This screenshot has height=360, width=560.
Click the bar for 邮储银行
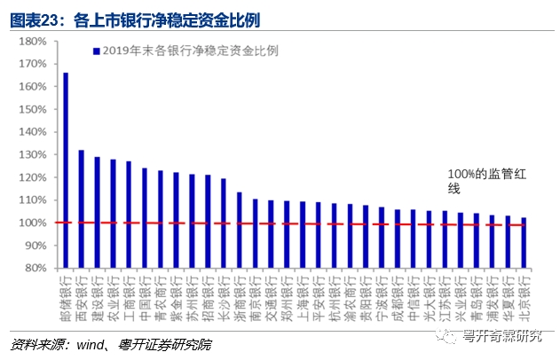click(66, 169)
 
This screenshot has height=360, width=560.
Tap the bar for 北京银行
click(524, 242)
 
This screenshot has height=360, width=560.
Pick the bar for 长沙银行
click(223, 223)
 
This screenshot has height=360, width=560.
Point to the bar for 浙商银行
click(239, 230)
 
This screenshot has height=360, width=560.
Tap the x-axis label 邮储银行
click(66, 293)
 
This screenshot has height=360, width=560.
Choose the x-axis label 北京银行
click(524, 293)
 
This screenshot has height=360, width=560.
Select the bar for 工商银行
click(129, 214)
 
